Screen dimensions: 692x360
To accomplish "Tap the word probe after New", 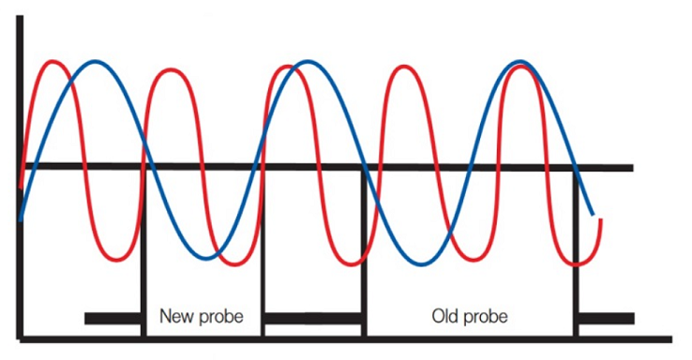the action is pyautogui.click(x=221, y=318).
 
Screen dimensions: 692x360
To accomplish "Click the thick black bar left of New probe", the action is pyautogui.click(x=113, y=318).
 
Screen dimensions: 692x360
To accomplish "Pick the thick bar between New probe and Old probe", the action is pyautogui.click(x=313, y=318).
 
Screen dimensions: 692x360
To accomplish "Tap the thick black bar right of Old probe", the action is pyautogui.click(x=607, y=318).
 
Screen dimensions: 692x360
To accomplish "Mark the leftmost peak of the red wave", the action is pyautogui.click(x=53, y=61).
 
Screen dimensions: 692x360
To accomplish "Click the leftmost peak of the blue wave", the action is pyautogui.click(x=96, y=61).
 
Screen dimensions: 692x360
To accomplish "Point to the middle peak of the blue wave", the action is pyautogui.click(x=308, y=61).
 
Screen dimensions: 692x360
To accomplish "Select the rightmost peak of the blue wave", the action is pyautogui.click(x=520, y=61).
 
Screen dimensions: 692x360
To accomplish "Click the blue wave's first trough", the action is pyautogui.click(x=206, y=258).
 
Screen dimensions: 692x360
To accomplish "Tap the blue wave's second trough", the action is pyautogui.click(x=421, y=264).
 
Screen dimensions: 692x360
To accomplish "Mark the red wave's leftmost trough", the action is pyautogui.click(x=116, y=259).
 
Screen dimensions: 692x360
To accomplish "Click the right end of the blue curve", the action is pyautogui.click(x=593, y=215).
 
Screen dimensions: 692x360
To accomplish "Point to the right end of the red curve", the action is pyautogui.click(x=601, y=219).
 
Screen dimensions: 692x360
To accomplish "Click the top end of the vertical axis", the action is pyautogui.click(x=20, y=17).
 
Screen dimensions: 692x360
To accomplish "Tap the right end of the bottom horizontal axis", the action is pyautogui.click(x=670, y=339).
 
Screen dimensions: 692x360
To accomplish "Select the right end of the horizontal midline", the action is pyautogui.click(x=632, y=168).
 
